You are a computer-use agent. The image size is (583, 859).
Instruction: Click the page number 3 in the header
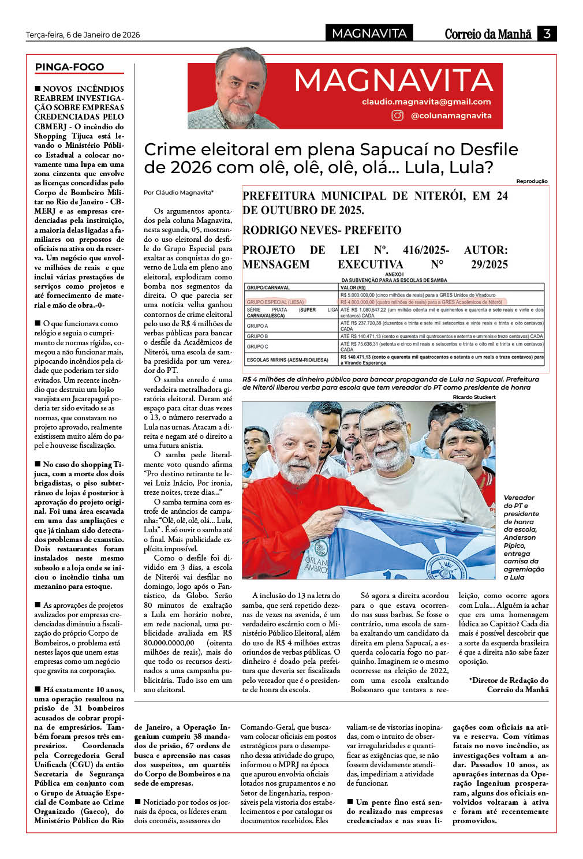click(x=547, y=33)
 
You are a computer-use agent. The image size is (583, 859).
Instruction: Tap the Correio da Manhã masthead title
click(x=488, y=34)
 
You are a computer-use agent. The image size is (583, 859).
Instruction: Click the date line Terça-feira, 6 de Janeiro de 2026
click(x=83, y=35)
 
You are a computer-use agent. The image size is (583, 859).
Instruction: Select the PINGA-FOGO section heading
click(x=69, y=67)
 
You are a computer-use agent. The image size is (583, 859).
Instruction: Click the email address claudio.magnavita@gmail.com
click(x=426, y=102)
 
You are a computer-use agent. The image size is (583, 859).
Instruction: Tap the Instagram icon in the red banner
click(x=398, y=115)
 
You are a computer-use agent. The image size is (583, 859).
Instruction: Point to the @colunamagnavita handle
click(x=451, y=115)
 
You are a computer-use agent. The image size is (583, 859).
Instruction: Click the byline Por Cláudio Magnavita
click(x=178, y=192)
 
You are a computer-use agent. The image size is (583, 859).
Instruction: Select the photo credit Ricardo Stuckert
click(x=474, y=397)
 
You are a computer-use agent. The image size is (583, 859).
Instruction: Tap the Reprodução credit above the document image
click(x=532, y=181)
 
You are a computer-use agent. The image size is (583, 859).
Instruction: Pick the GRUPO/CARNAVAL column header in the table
click(x=268, y=287)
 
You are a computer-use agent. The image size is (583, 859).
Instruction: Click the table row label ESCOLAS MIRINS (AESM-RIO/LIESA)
click(x=287, y=360)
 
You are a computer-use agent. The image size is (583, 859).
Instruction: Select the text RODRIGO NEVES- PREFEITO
click(x=322, y=230)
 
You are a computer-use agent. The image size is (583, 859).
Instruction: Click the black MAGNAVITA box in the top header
click(x=369, y=33)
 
